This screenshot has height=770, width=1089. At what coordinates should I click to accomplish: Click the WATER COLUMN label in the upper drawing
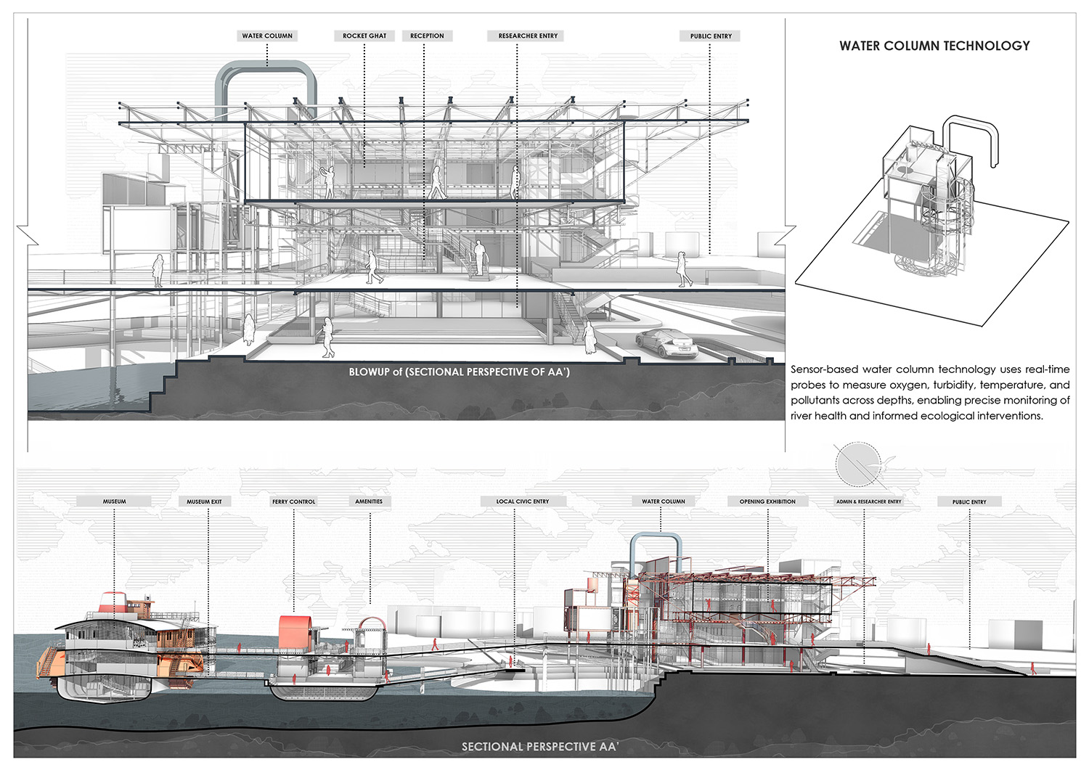click(x=267, y=36)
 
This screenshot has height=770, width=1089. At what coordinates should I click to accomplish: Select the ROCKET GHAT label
click(x=364, y=36)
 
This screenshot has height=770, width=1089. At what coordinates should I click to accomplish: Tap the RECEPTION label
click(x=427, y=36)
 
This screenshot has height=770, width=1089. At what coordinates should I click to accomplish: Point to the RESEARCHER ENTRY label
click(x=528, y=36)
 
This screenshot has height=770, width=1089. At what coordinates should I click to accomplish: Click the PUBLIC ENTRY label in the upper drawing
click(x=711, y=36)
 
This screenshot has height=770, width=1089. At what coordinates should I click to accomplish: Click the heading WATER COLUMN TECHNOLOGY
click(x=934, y=46)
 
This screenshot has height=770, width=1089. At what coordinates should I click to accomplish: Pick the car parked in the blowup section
click(x=666, y=343)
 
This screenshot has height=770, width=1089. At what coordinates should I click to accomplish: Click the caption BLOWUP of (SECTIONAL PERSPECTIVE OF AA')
click(x=459, y=372)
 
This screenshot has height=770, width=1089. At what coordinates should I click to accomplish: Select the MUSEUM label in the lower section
click(x=114, y=501)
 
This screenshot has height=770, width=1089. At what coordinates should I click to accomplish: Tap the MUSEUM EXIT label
click(x=204, y=501)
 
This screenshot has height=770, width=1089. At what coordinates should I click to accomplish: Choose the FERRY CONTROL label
click(x=293, y=501)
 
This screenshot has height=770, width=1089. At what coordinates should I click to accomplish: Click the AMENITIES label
click(x=369, y=501)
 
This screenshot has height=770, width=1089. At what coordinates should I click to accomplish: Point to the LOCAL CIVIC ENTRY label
click(x=522, y=501)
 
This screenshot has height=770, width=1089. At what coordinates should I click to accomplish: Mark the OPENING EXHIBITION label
click(x=767, y=501)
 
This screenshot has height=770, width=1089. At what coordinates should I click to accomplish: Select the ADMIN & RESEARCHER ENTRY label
click(x=868, y=501)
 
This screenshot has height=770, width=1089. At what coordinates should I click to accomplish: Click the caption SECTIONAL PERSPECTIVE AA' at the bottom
click(x=539, y=746)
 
